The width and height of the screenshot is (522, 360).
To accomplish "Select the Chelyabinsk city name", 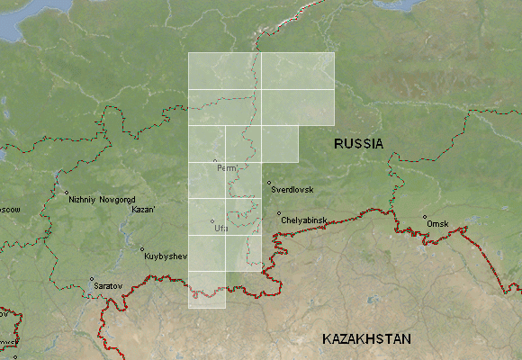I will coord(303,220).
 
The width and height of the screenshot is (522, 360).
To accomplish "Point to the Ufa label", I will coord(222,229).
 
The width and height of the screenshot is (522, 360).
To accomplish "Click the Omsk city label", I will coord(437,223).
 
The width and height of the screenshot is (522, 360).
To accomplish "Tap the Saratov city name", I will coord(108,285).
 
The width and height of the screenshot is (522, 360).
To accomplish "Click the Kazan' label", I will coord(143,210).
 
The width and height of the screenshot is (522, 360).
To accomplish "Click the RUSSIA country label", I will coord(358,143).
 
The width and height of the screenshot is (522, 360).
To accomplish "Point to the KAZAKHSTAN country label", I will coord(366,338).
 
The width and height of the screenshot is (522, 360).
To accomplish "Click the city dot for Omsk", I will coord(425,217).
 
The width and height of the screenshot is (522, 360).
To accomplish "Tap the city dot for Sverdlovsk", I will coord(268,184).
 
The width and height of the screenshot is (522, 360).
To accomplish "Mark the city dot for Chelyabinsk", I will coord(278,213).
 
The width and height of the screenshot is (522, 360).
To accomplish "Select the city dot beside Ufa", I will coord(212,222).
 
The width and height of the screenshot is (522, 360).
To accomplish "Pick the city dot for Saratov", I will coord(91,279).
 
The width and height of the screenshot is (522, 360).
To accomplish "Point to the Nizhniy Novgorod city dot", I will coord(67,193).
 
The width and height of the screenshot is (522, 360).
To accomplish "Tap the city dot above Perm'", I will coord(215,161).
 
